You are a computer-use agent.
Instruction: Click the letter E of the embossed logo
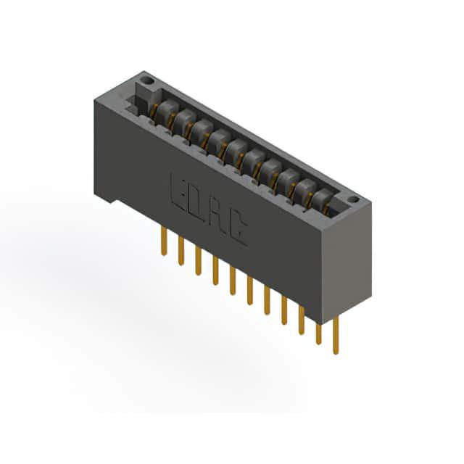point(180,192)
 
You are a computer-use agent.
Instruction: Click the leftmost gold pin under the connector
point(164,241)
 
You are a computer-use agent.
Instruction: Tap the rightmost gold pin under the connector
point(336,335)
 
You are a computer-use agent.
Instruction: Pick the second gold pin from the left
point(181,252)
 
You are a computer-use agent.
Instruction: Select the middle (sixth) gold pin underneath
point(249,290)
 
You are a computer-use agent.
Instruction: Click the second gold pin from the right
point(318,333)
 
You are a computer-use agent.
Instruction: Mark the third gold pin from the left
point(198,261)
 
